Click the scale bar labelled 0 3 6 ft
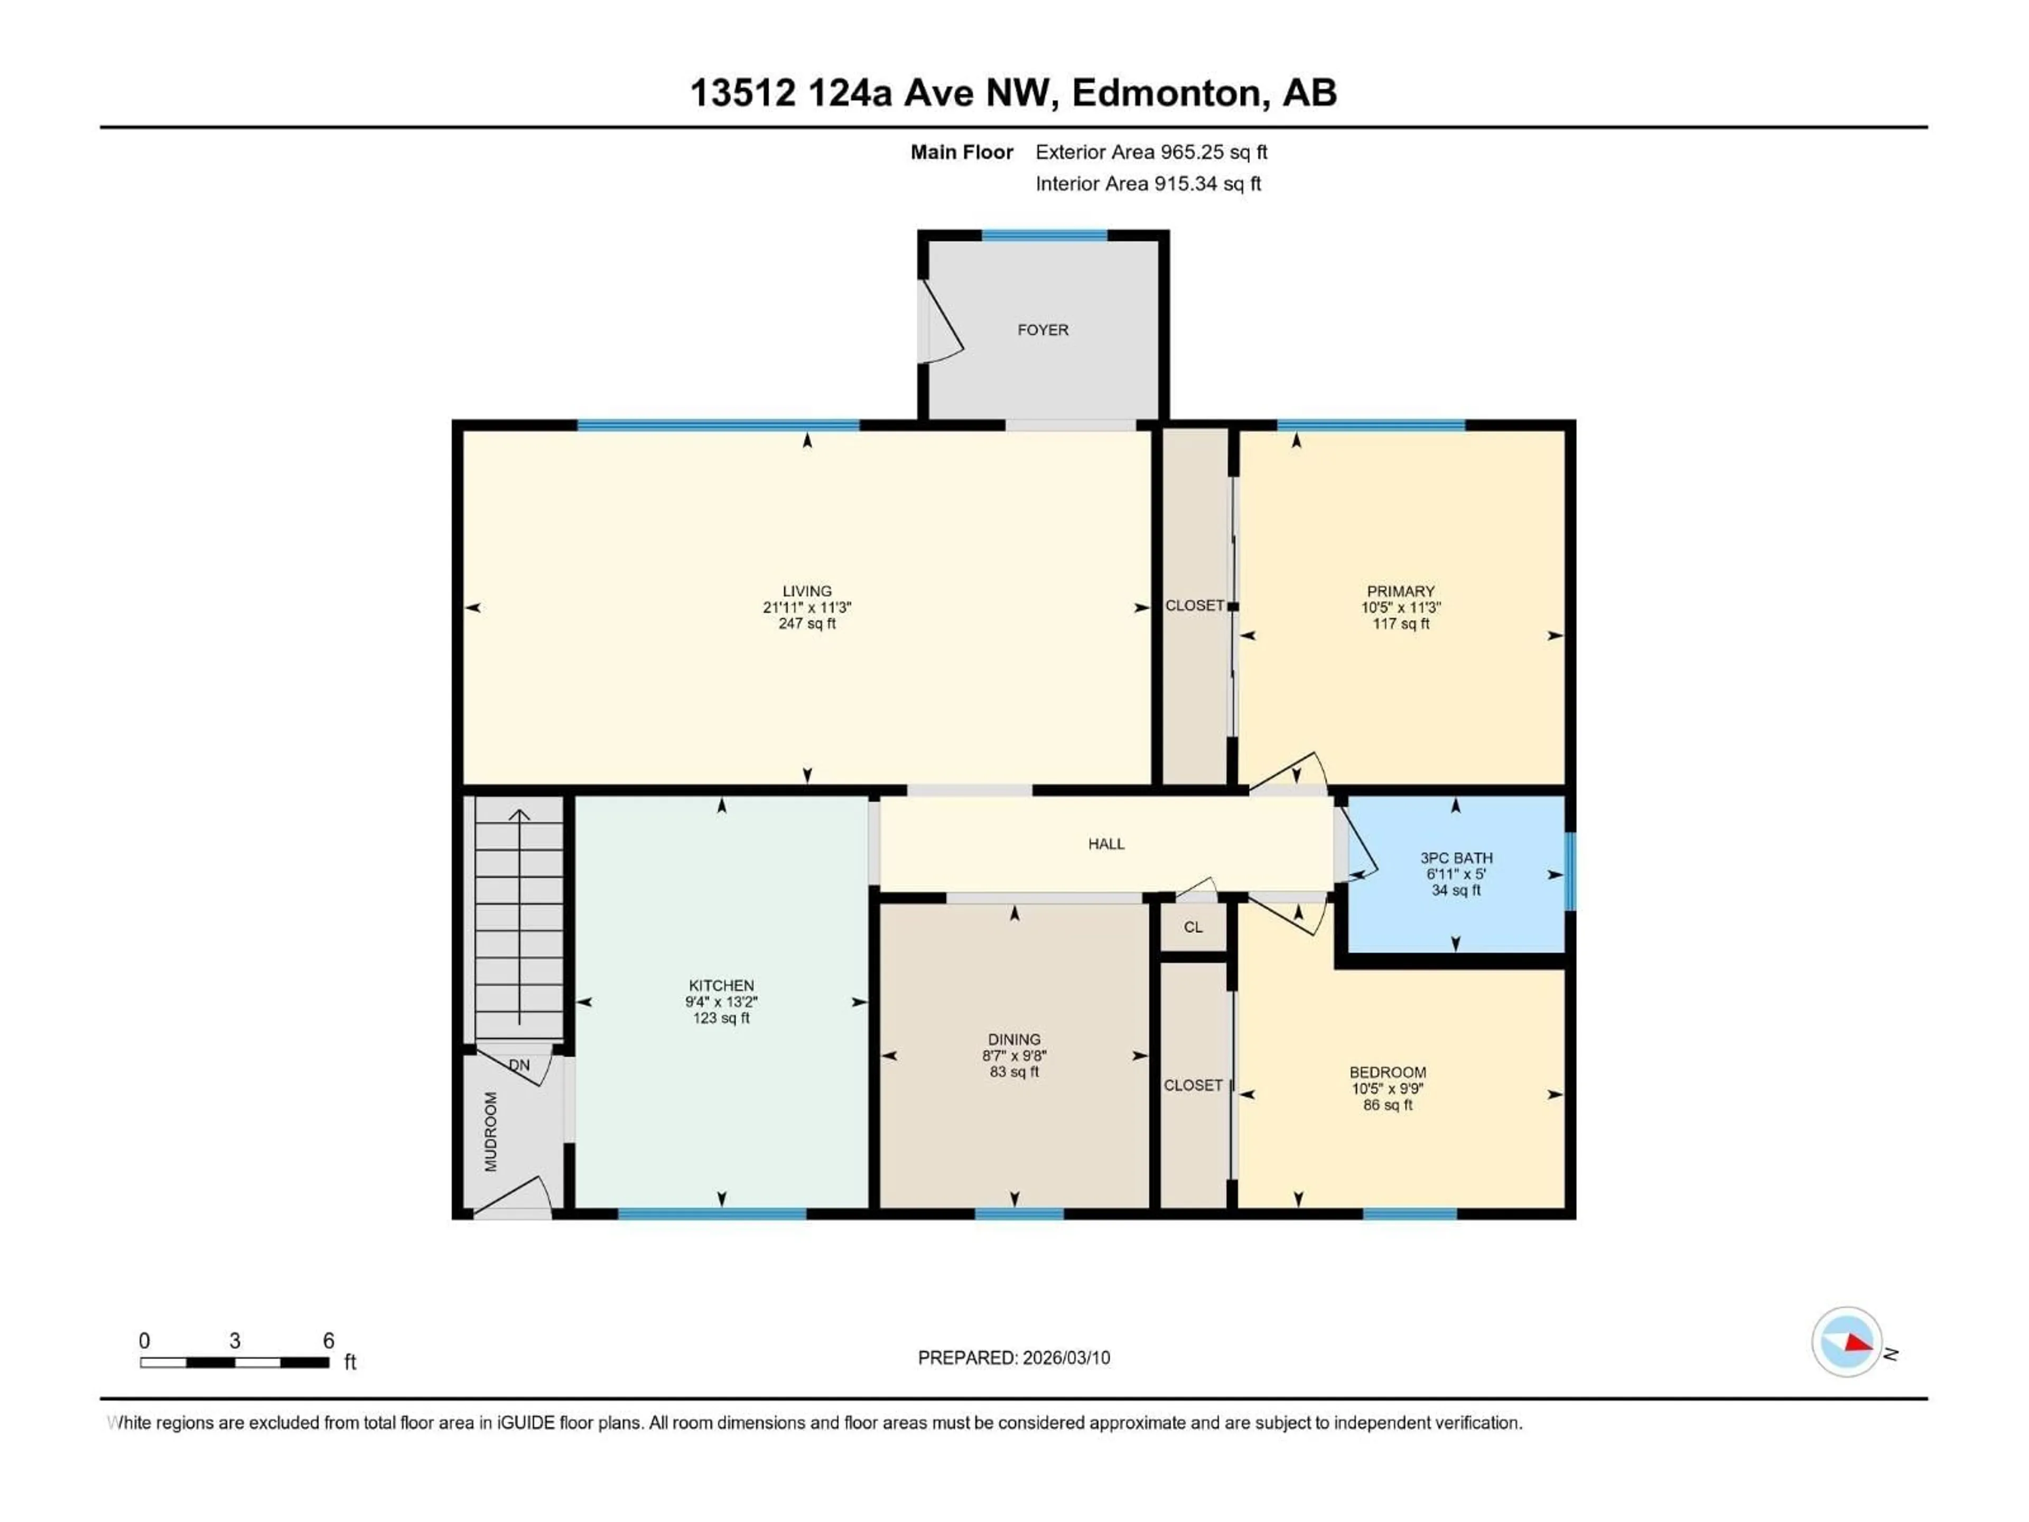(234, 1362)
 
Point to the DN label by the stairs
(519, 1065)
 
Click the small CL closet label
(1193, 927)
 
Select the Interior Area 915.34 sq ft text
(1148, 183)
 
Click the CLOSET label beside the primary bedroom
(1194, 606)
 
